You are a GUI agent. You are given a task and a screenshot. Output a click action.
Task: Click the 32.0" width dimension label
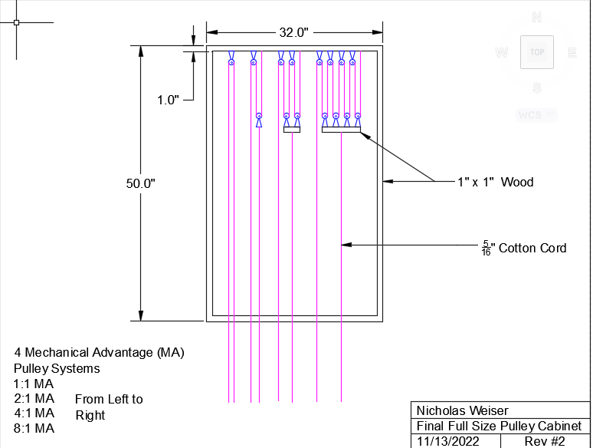293,32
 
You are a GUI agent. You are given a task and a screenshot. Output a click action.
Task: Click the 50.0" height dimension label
140,183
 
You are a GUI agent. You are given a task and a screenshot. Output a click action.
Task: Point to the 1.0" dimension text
168,100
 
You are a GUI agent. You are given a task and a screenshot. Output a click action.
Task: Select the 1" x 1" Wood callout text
495,182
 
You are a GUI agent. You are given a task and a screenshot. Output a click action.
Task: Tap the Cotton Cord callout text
532,248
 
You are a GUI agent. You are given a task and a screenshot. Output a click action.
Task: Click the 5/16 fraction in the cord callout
486,248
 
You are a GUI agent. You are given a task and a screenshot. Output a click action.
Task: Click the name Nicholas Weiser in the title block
462,410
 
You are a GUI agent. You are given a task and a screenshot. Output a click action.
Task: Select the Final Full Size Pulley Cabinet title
499,426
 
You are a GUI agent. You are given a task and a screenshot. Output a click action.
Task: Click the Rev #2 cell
544,441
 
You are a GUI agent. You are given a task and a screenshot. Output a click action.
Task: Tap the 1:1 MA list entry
34,384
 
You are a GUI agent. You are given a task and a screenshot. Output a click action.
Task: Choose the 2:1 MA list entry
34,399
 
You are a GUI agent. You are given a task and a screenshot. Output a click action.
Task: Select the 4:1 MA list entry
34,413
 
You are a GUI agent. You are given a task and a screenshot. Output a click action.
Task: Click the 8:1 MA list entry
34,429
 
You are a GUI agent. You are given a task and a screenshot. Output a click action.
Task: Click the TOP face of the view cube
536,52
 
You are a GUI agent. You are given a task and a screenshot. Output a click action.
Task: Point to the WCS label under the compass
529,115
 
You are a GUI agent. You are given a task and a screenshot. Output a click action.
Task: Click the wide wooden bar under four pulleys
341,130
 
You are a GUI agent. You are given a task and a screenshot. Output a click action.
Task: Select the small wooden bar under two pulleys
291,130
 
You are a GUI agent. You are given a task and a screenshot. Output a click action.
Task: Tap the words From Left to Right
108,407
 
